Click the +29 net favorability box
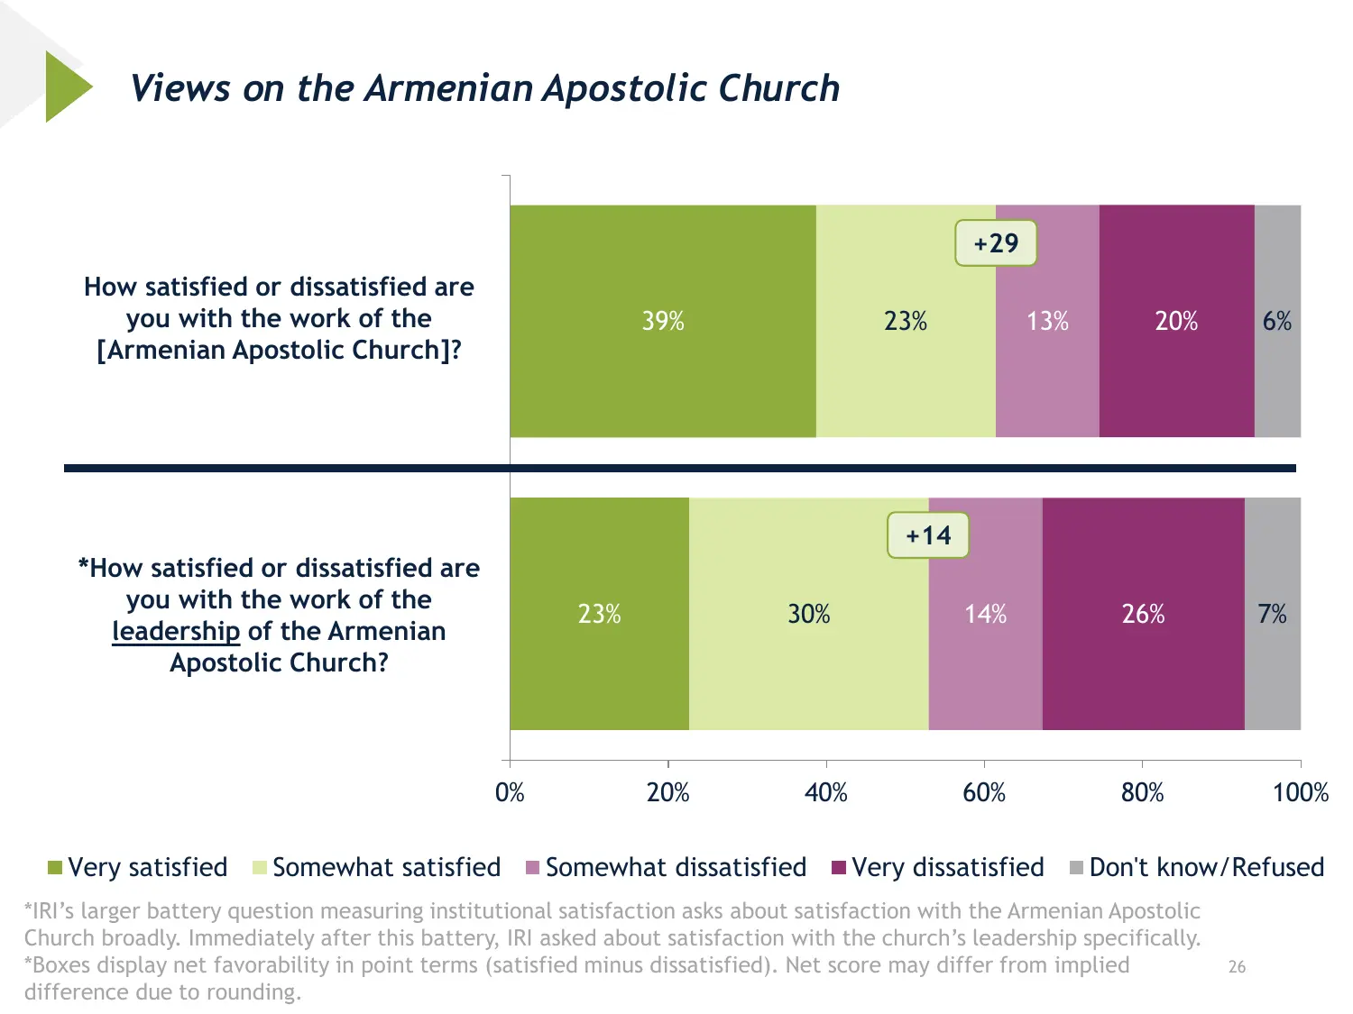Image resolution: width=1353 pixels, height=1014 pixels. [996, 243]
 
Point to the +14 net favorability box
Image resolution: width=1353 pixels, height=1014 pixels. [928, 535]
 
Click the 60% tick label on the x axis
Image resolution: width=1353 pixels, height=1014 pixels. [984, 793]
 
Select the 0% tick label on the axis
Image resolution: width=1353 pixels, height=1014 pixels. [510, 793]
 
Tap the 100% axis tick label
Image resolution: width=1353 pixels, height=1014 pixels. [1300, 793]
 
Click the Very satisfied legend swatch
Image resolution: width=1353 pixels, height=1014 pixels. [55, 868]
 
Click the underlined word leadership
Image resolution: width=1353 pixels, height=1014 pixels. [176, 631]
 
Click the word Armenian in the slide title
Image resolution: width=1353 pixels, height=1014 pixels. [449, 88]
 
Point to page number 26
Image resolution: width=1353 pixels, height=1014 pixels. [1237, 967]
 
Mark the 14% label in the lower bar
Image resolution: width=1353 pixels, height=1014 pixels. [985, 614]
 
